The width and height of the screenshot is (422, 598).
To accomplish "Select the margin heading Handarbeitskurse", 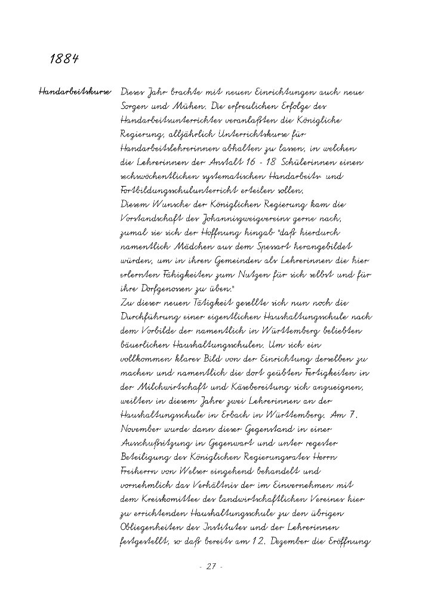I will pos(75,93).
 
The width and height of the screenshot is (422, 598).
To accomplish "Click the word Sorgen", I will pos(134,107).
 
